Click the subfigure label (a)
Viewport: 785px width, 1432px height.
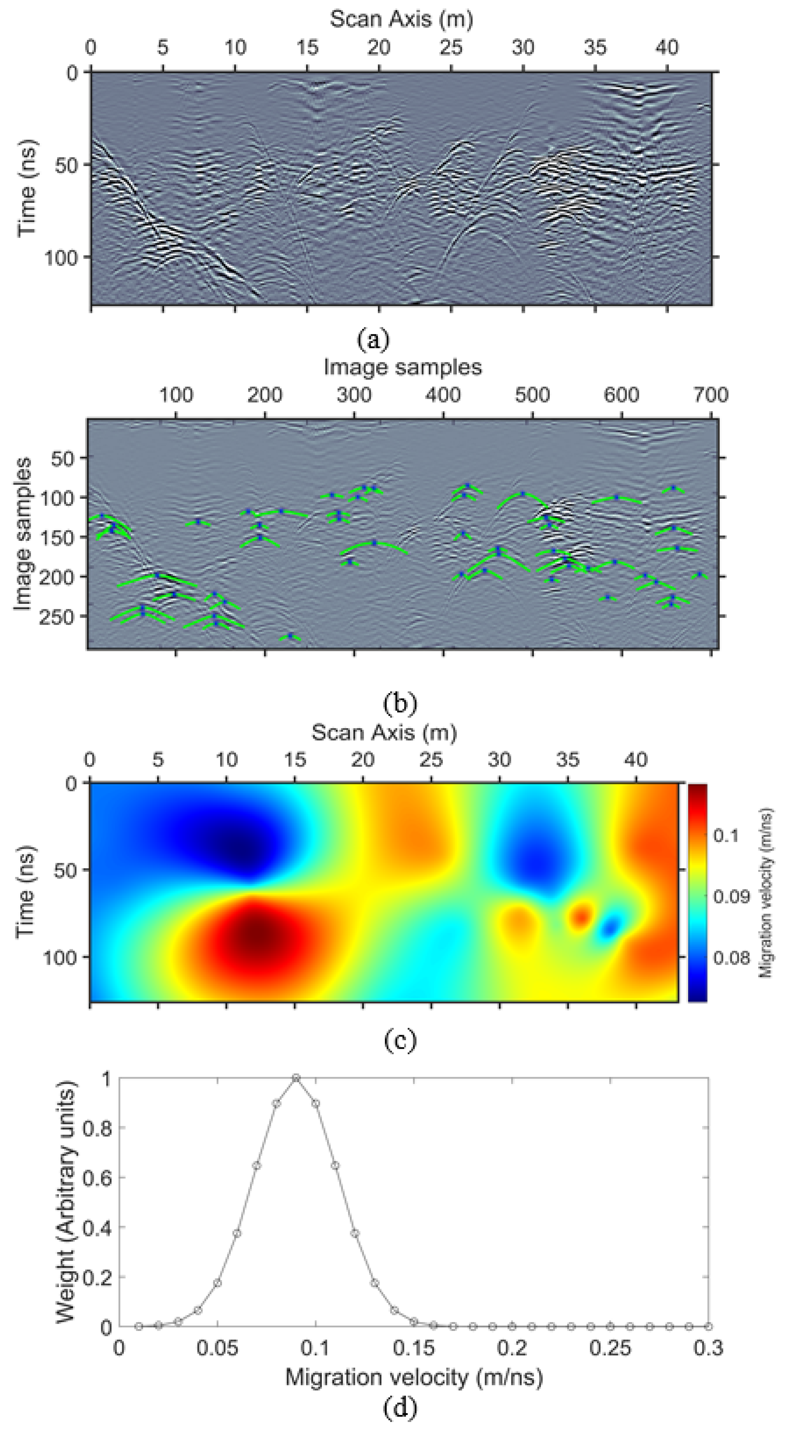click(x=374, y=338)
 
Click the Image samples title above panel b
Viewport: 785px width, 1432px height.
click(x=403, y=367)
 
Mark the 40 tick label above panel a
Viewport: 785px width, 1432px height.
click(x=667, y=48)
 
